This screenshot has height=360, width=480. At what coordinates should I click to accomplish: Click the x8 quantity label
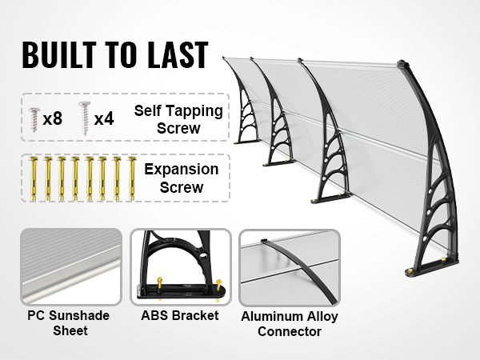[x=52, y=118]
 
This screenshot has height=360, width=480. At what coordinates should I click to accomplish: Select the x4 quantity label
[x=104, y=118]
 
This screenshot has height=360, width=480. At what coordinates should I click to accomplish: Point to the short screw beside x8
[x=34, y=119]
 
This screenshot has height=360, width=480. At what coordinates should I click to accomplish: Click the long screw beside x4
[x=83, y=118]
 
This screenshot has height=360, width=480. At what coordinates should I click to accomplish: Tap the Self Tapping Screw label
[x=178, y=119]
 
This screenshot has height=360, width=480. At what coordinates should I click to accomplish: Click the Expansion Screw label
[x=182, y=178]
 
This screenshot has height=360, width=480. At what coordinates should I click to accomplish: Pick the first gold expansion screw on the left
[x=33, y=178]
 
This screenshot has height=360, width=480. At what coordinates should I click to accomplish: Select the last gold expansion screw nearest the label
[x=132, y=178]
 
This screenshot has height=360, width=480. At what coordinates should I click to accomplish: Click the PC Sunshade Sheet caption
[x=69, y=323]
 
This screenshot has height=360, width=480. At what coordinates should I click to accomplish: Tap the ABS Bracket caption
[x=180, y=316]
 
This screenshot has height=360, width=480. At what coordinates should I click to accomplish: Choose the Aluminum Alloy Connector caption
[x=290, y=324]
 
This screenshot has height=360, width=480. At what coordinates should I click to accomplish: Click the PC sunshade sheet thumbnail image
[x=71, y=266]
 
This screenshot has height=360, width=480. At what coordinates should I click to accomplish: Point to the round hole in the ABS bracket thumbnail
[x=202, y=255]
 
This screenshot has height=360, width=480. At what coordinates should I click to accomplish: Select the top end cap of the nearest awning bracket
[x=403, y=65]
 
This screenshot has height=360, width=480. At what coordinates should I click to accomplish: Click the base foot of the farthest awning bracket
[x=246, y=141]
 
